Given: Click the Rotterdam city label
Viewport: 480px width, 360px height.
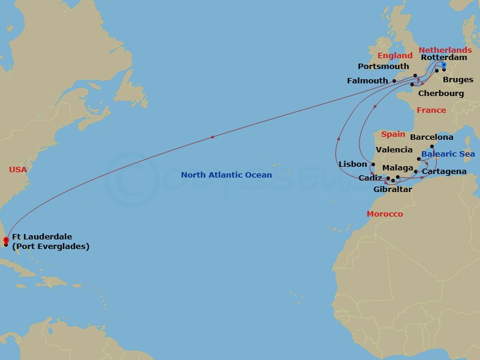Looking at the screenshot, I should [x=444, y=58].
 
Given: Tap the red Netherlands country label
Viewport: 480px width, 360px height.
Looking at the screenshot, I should [x=445, y=50].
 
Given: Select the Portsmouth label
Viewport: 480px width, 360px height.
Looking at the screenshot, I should [x=383, y=67].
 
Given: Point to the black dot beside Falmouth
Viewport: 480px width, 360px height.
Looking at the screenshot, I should [x=394, y=81].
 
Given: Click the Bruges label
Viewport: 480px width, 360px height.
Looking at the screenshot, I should [x=458, y=79].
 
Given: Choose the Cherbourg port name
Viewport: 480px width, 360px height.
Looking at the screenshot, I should [x=441, y=94].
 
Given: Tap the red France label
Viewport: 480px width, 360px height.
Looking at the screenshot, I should [x=431, y=110].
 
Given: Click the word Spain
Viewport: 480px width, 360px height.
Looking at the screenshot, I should [x=393, y=134].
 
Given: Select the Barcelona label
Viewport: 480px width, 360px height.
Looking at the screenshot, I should [x=432, y=137].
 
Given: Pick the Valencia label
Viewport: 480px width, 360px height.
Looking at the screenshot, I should [x=394, y=149].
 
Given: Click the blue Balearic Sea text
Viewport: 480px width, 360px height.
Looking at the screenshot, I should [x=448, y=154].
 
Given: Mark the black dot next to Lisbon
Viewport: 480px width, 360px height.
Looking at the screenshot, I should [x=373, y=164].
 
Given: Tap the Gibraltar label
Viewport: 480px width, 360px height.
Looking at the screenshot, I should [x=392, y=189].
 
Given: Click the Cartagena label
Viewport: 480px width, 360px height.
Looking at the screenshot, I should [x=444, y=172].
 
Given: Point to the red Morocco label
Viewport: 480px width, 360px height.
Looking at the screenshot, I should [x=385, y=214].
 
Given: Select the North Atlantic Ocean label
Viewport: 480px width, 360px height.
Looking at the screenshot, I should [x=226, y=175].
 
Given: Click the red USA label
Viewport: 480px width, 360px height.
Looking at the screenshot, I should [x=18, y=170].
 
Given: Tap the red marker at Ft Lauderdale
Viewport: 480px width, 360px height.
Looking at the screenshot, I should [x=5, y=240].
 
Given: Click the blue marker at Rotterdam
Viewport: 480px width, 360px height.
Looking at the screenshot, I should [x=444, y=65].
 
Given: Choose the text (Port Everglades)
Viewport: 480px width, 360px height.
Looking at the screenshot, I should [x=50, y=247].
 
